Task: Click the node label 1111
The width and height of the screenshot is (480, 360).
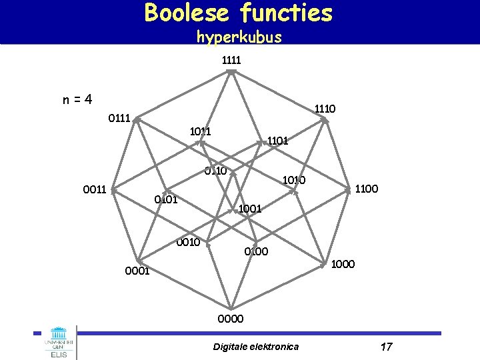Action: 231,60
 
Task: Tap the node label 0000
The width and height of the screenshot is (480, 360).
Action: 231,319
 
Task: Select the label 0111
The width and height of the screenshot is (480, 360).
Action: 119,119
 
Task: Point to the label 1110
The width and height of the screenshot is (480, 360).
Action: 325,108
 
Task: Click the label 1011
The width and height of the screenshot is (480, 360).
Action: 200,131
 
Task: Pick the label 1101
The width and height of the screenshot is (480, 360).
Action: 277,141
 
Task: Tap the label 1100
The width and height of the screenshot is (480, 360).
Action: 367,189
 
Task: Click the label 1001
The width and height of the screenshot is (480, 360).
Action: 250,209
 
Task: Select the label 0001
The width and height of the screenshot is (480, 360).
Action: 136,271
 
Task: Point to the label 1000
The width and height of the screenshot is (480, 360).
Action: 343,265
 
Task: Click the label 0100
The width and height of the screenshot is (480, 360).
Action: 256,251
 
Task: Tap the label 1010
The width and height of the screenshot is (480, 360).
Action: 294,180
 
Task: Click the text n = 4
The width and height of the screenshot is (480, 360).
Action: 77,100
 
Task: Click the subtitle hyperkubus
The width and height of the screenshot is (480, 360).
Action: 239,37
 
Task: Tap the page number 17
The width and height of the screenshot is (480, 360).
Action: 386,347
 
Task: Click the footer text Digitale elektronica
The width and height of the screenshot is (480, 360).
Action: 256,347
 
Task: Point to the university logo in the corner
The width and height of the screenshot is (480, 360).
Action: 59,343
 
